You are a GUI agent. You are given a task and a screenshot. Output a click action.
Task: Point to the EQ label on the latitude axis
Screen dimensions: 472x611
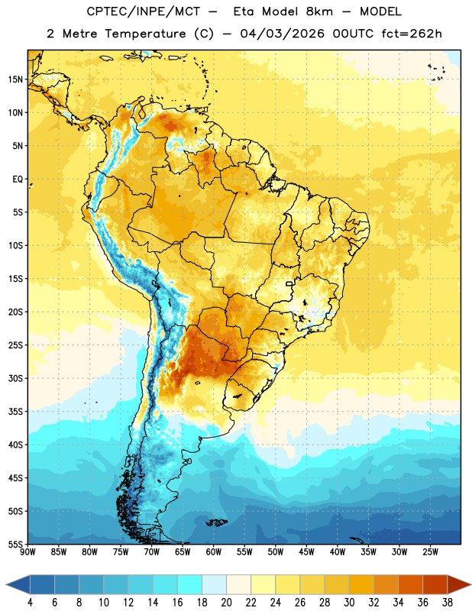click(18, 179)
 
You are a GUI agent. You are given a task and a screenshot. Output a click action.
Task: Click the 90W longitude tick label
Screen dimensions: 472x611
click(27, 551)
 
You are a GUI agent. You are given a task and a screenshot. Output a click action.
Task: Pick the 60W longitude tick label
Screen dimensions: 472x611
click(214, 551)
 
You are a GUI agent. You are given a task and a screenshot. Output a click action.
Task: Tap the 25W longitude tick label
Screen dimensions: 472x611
click(430, 551)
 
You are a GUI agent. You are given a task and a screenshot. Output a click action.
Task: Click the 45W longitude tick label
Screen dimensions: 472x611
click(306, 551)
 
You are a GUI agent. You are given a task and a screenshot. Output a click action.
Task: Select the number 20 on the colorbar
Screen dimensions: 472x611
click(226, 603)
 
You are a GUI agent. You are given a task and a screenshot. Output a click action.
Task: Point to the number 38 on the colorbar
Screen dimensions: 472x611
click(448, 603)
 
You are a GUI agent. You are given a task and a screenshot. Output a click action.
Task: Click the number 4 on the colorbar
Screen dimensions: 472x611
click(30, 603)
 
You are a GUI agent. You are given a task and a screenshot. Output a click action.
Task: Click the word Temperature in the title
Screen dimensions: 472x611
click(145, 34)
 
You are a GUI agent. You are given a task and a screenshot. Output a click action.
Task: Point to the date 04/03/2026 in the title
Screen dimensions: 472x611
click(282, 34)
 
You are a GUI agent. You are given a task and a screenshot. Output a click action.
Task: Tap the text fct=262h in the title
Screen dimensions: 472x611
click(412, 34)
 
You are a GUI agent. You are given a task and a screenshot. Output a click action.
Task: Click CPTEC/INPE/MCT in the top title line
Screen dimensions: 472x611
click(143, 11)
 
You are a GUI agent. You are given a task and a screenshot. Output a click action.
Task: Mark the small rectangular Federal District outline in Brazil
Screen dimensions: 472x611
click(289, 284)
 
